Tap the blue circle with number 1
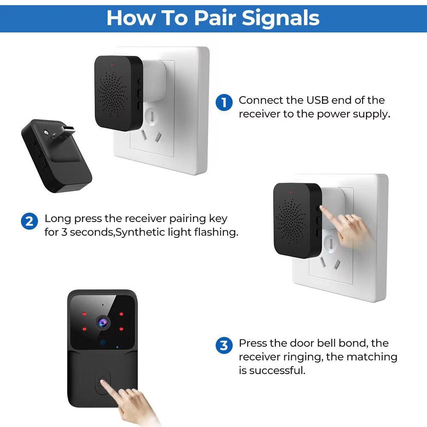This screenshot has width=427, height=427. (x=224, y=103)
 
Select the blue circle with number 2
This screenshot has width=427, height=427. (x=29, y=222)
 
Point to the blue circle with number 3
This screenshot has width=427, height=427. (x=224, y=345)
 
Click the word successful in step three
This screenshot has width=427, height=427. (x=277, y=370)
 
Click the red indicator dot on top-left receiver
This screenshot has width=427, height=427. (x=111, y=65)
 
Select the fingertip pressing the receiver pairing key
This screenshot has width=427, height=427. (x=322, y=208)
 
